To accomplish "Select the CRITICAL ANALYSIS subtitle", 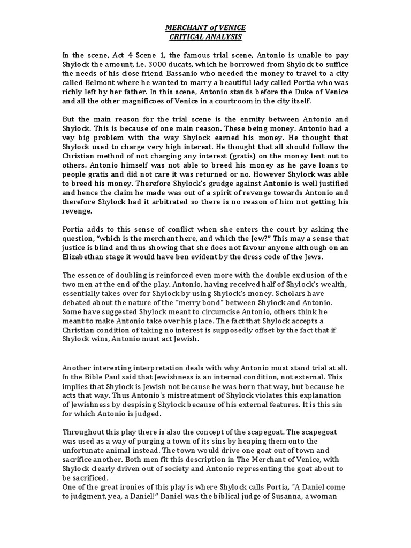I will click(x=205, y=37).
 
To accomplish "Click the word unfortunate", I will click(x=87, y=451).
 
